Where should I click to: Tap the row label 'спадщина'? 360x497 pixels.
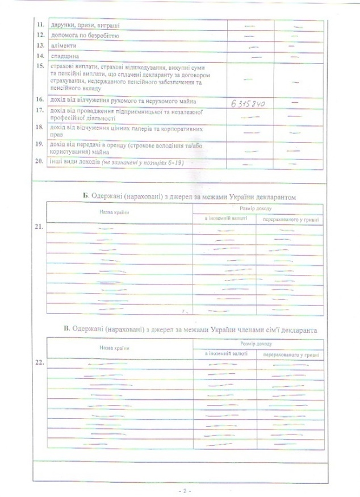coord(64,56)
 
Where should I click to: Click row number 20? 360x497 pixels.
coord(40,162)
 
